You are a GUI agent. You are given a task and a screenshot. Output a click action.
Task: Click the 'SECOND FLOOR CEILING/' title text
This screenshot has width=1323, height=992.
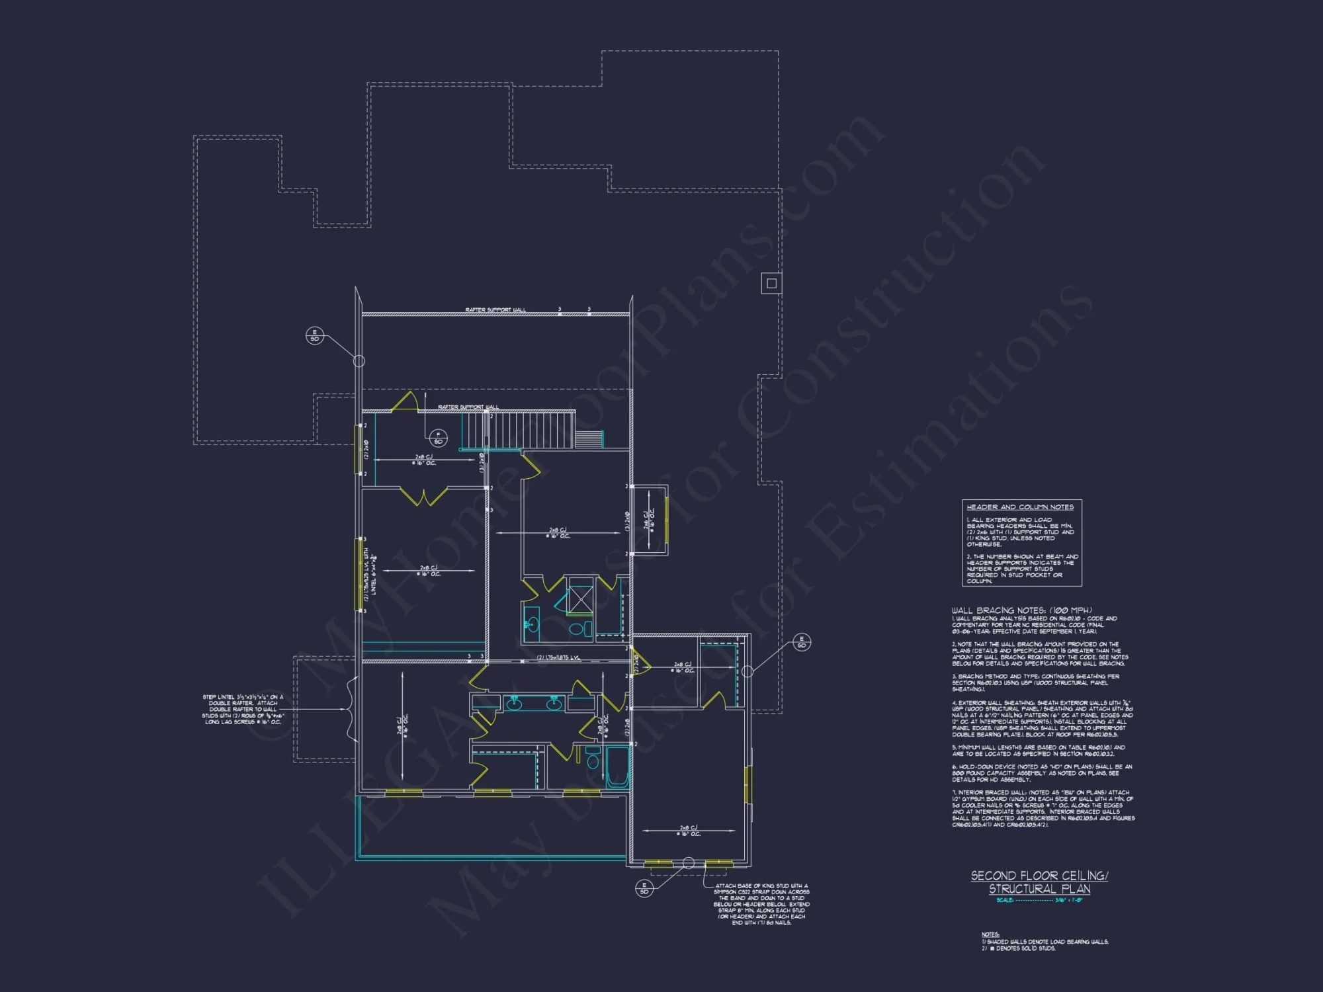click(1039, 876)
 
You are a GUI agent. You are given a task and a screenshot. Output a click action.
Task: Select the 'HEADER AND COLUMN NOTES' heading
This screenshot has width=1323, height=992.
click(1020, 507)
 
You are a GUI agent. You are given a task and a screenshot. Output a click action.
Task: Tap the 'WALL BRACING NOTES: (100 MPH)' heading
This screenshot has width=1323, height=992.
click(1022, 610)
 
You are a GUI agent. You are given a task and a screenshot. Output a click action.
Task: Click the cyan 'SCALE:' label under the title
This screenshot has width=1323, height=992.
click(1005, 900)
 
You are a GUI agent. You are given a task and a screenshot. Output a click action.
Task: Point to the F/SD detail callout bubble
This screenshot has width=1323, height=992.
click(438, 438)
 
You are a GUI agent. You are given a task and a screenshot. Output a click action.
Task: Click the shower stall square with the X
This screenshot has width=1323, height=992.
click(580, 600)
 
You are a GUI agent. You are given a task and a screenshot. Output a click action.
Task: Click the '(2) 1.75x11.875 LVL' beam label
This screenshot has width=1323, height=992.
click(558, 657)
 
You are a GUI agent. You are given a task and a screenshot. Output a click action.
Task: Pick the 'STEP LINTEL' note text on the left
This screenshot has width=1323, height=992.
click(243, 709)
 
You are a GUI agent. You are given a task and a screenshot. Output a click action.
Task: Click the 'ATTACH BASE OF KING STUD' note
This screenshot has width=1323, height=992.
click(761, 904)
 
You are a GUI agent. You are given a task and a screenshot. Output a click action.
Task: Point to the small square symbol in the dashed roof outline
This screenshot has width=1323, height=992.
click(771, 284)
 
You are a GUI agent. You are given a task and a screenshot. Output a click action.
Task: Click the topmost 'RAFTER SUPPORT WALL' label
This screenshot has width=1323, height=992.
click(495, 310)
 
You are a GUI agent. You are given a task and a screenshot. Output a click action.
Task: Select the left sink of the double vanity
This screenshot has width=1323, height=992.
click(514, 704)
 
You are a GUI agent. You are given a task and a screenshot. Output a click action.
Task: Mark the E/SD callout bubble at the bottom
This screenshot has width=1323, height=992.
click(644, 888)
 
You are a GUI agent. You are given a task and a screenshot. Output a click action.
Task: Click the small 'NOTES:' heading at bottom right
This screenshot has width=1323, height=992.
click(990, 934)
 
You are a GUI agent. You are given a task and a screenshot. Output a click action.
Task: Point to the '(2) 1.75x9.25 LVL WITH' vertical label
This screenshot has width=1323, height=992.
click(366, 574)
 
